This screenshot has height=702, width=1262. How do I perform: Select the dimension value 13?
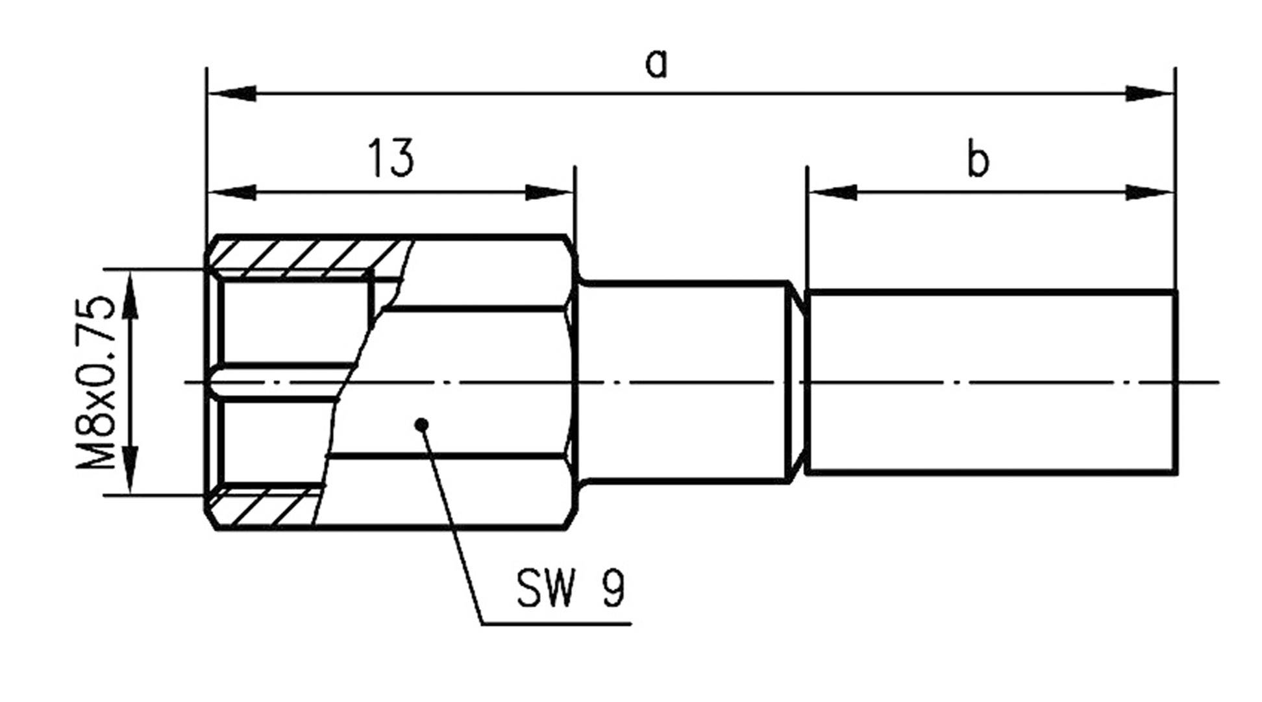(x=391, y=158)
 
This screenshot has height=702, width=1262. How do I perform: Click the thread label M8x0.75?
(x=97, y=383)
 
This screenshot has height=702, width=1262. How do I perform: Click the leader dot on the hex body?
(x=422, y=425)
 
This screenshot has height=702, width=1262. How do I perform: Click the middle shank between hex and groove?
(x=682, y=337)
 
